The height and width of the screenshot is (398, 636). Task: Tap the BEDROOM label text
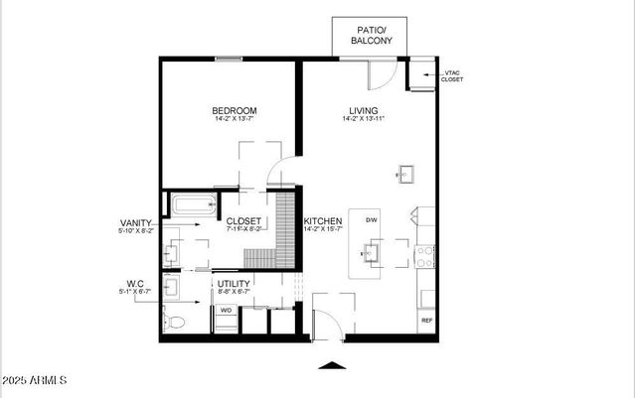(235, 110)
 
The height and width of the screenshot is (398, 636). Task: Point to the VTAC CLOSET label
(452, 75)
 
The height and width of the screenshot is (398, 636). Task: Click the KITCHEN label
(323, 220)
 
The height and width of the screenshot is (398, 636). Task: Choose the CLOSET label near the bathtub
(243, 221)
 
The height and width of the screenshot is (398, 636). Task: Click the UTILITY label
(235, 283)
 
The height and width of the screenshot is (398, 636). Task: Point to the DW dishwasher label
(371, 219)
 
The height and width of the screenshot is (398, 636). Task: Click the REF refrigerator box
(426, 321)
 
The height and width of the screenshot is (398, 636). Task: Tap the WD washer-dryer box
(226, 310)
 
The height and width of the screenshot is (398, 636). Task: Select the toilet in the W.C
(175, 321)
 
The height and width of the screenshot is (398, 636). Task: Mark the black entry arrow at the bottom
(333, 364)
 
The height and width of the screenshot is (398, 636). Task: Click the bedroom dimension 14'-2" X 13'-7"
(235, 120)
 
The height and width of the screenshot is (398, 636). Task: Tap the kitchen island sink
(369, 254)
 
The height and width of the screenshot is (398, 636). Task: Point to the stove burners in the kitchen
(425, 257)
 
